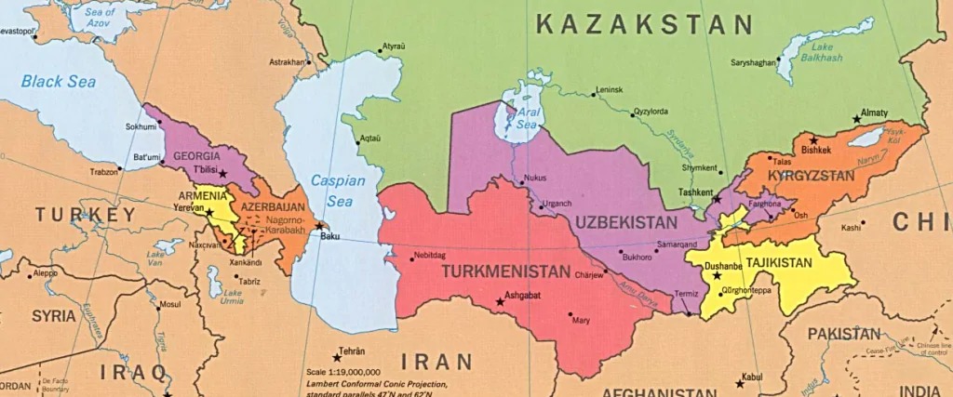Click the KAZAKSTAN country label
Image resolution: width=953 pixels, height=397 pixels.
tap(644, 25)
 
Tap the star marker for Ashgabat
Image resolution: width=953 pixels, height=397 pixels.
tap(500, 302)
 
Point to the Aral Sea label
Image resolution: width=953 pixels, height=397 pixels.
tap(514, 123)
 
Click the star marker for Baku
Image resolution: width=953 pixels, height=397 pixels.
tap(319, 225)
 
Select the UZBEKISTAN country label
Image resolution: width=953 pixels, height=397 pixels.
tap(624, 223)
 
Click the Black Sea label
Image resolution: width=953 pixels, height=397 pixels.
tap(59, 81)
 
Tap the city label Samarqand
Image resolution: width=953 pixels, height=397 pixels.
tap(677, 245)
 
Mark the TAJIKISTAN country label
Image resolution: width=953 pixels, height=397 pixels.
tap(780, 263)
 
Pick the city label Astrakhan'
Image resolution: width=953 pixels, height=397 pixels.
tap(285, 62)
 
